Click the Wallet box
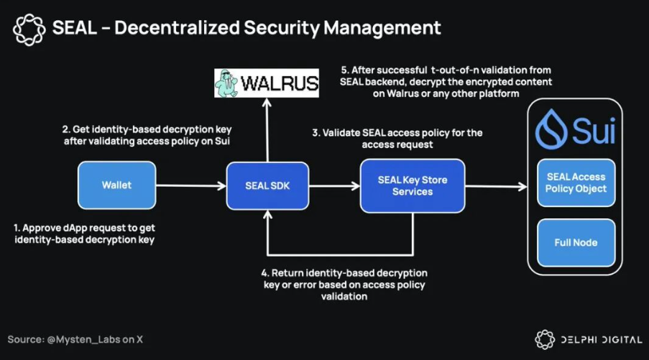coord(116,185)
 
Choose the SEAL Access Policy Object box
coord(576,183)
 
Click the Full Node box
coord(576,242)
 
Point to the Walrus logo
coord(267,84)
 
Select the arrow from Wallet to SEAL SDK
coord(190,187)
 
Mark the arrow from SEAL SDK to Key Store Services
coord(334,187)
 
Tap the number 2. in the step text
coord(66,129)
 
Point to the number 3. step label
coord(315,133)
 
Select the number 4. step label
coord(264,273)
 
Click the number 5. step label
coord(344,70)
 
